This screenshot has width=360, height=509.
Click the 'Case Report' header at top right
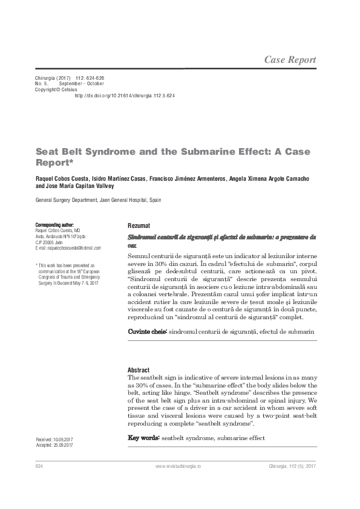point(290,59)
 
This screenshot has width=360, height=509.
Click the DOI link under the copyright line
point(124,96)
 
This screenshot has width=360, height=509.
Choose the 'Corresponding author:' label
point(54,224)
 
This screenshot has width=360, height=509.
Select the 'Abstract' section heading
point(139,370)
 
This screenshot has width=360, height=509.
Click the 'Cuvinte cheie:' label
point(147,332)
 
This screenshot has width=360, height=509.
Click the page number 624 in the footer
point(39,467)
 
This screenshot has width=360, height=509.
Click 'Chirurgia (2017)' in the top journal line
point(50,78)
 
